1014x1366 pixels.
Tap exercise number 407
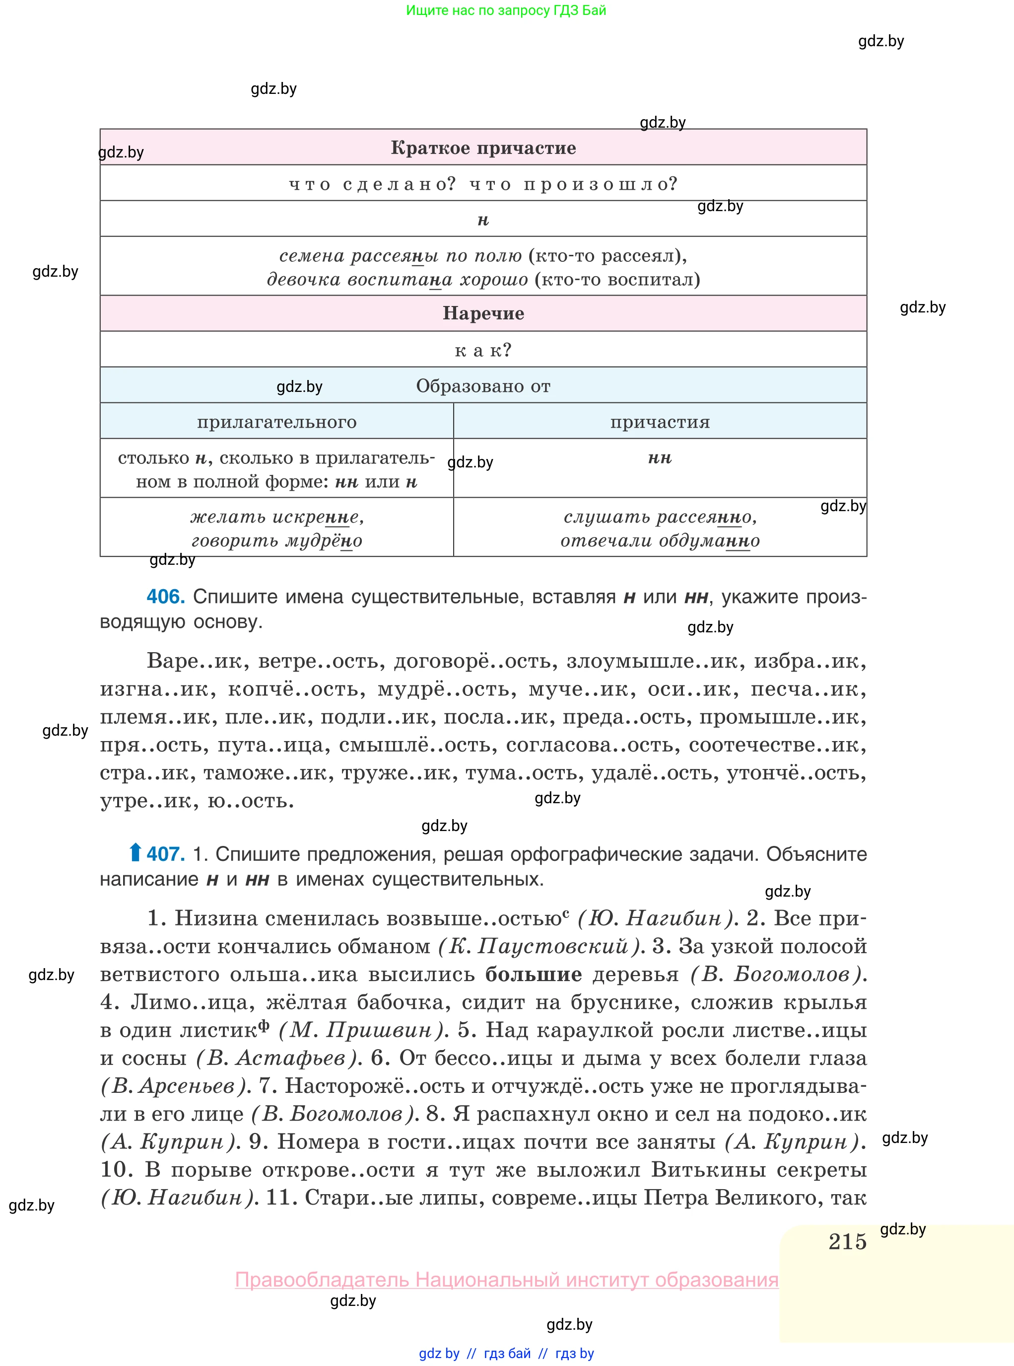tap(166, 854)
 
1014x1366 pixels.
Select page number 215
tap(847, 1241)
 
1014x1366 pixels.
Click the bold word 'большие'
tap(534, 974)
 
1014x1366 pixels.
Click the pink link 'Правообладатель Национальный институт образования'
tap(506, 1280)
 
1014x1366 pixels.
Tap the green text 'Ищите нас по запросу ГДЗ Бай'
tap(506, 10)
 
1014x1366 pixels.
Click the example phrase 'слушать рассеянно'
tap(660, 517)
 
